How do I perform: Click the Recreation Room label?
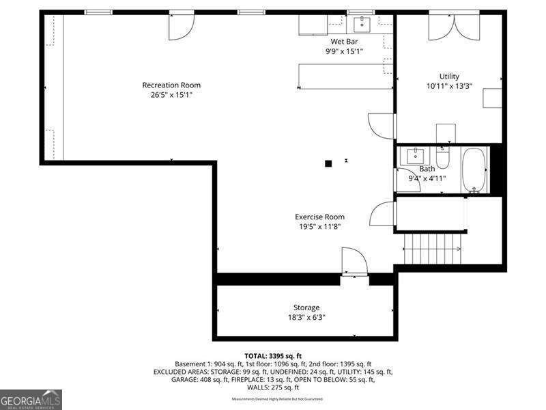171,85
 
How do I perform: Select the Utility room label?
449,77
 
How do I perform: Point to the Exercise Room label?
319,217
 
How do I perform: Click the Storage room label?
306,307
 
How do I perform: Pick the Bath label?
427,169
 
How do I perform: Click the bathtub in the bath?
474,170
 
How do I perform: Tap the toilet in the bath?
443,158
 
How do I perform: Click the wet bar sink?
361,24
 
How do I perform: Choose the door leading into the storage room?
354,263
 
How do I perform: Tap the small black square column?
328,163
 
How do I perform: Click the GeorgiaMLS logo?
31,398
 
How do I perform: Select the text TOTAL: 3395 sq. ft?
274,356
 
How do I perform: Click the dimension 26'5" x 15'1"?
171,95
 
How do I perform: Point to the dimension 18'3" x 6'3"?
306,317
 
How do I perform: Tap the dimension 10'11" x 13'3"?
449,87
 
